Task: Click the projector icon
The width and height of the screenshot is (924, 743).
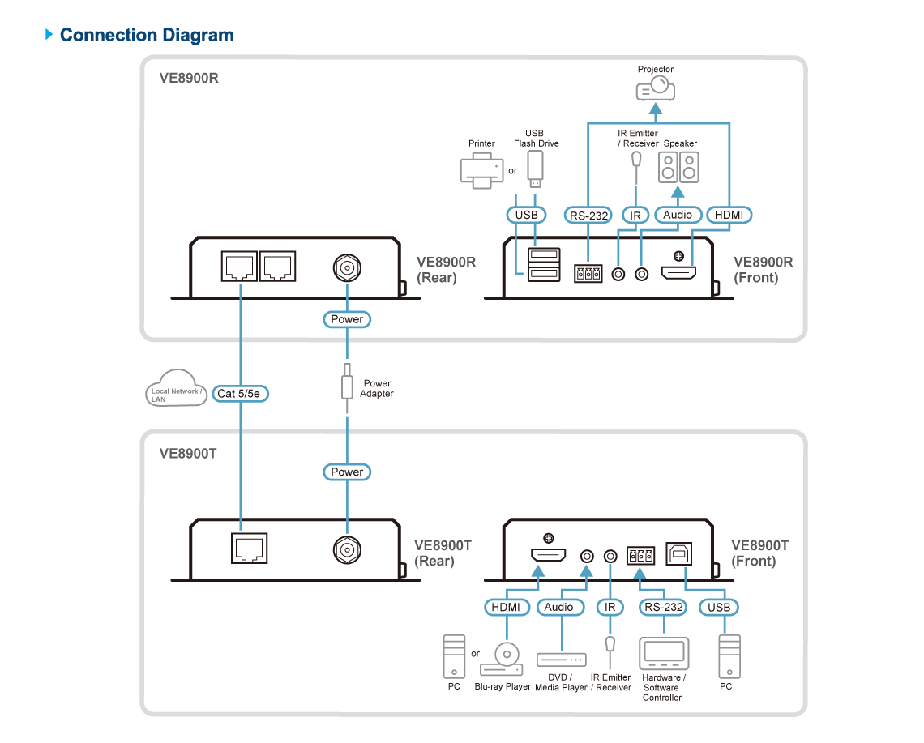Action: pyautogui.click(x=655, y=89)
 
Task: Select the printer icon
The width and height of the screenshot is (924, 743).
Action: pyautogui.click(x=481, y=170)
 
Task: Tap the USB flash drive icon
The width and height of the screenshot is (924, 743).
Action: pyautogui.click(x=535, y=169)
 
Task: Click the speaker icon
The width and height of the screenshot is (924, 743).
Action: pyautogui.click(x=678, y=168)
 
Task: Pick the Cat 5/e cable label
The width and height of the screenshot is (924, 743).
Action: pyautogui.click(x=240, y=394)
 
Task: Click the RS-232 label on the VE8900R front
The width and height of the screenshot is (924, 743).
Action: pyautogui.click(x=588, y=216)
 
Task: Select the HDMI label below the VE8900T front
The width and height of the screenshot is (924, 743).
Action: pyautogui.click(x=507, y=608)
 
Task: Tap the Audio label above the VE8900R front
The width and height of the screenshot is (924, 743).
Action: pyautogui.click(x=678, y=215)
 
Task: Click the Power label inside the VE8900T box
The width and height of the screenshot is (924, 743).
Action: pyautogui.click(x=347, y=472)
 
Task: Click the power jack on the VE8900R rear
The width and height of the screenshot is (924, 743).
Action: pyautogui.click(x=347, y=268)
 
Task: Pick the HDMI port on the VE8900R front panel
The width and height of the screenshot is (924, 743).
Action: pyautogui.click(x=678, y=273)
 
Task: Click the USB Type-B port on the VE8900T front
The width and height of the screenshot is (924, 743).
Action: pyautogui.click(x=679, y=554)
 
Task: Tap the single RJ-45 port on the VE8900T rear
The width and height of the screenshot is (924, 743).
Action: pyautogui.click(x=250, y=549)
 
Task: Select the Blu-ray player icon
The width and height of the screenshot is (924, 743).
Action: pyautogui.click(x=502, y=660)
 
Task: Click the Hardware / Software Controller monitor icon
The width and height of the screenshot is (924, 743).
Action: pyautogui.click(x=664, y=653)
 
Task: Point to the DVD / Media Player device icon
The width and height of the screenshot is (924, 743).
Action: pyautogui.click(x=562, y=660)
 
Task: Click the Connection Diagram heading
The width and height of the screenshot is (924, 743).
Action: pyautogui.click(x=147, y=36)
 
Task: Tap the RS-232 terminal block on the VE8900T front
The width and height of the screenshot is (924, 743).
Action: pyautogui.click(x=640, y=555)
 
